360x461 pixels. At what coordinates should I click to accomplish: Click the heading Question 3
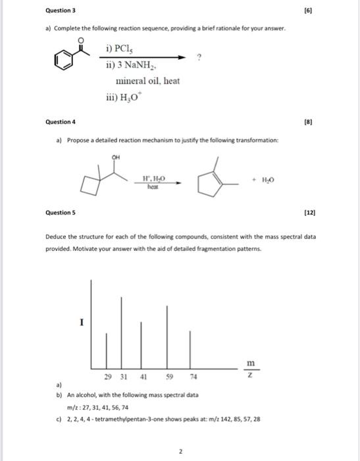(60, 11)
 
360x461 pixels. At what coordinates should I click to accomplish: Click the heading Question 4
(60, 122)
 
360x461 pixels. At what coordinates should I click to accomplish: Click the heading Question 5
(60, 213)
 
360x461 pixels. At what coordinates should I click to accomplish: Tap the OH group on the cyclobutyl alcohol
(116, 157)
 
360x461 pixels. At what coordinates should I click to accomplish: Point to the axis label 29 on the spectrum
(107, 378)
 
